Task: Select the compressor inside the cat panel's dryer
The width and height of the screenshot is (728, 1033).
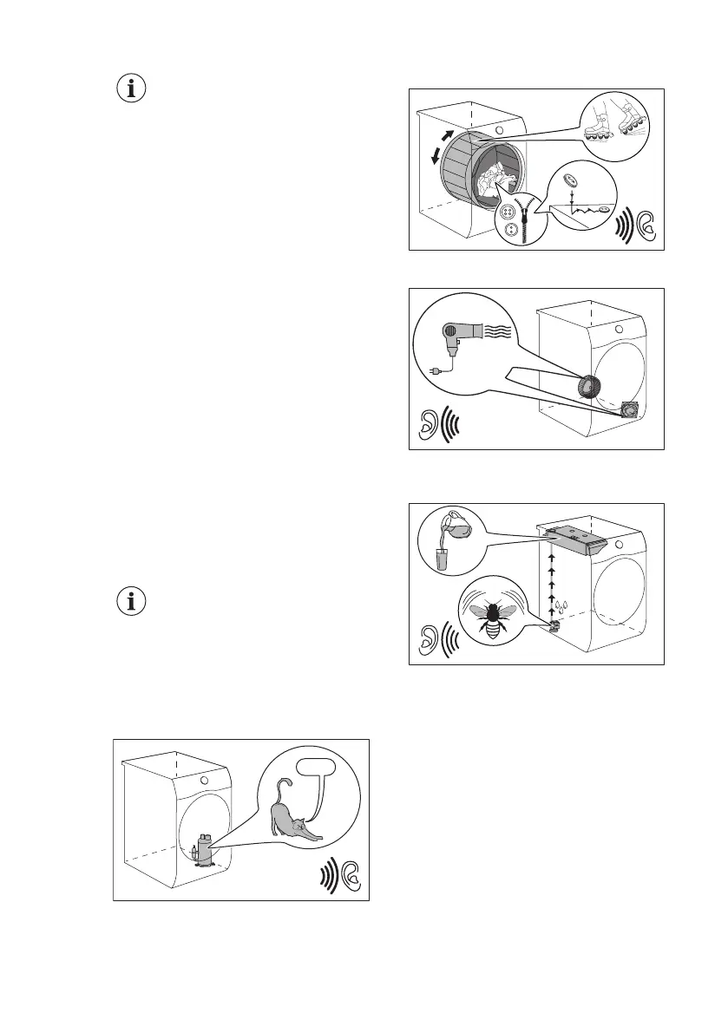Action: tap(202, 847)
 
